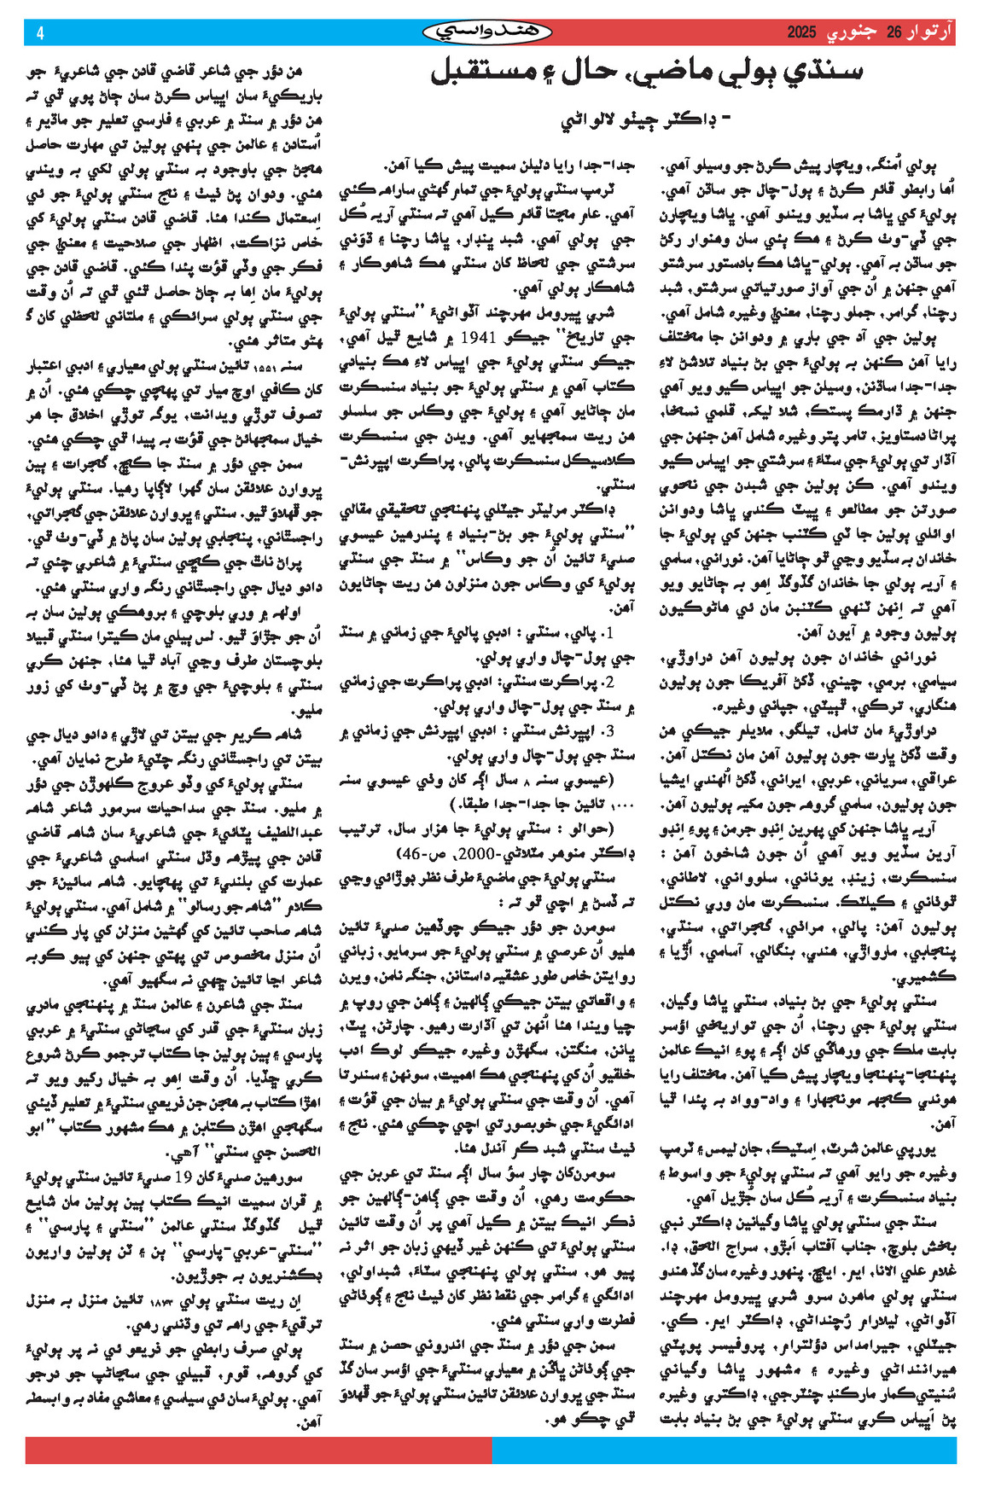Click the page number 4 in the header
coord(39,33)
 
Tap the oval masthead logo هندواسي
coord(488,32)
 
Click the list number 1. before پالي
coord(607,634)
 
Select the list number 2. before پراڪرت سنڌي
coord(607,683)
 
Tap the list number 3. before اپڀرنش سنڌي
coord(607,732)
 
